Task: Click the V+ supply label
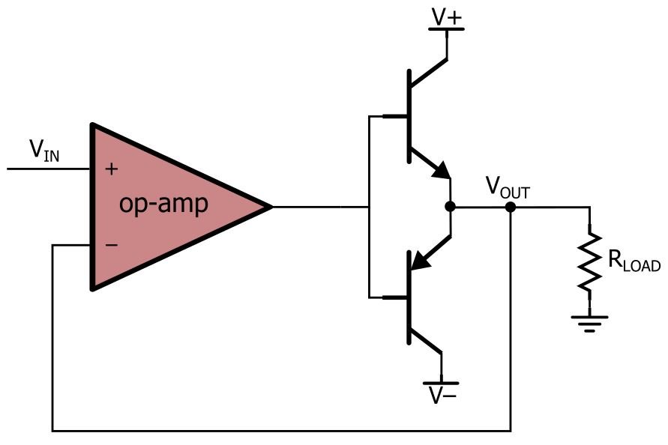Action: click(447, 17)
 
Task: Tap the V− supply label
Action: click(443, 396)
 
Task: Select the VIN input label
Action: click(44, 151)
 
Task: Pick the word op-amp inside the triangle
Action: click(163, 204)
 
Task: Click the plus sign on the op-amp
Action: click(112, 169)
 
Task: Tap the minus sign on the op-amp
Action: click(112, 245)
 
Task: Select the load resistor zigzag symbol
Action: click(589, 262)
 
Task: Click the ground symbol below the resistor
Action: click(589, 324)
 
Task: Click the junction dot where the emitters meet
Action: click(451, 207)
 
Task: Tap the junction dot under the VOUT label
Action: click(511, 207)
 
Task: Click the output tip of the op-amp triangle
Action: click(272, 207)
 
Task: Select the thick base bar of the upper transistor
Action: click(409, 116)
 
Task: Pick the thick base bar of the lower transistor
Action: click(409, 297)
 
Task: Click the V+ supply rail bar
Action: click(447, 29)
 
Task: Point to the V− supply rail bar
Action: click(442, 384)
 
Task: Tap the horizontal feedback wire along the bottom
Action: click(281, 431)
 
